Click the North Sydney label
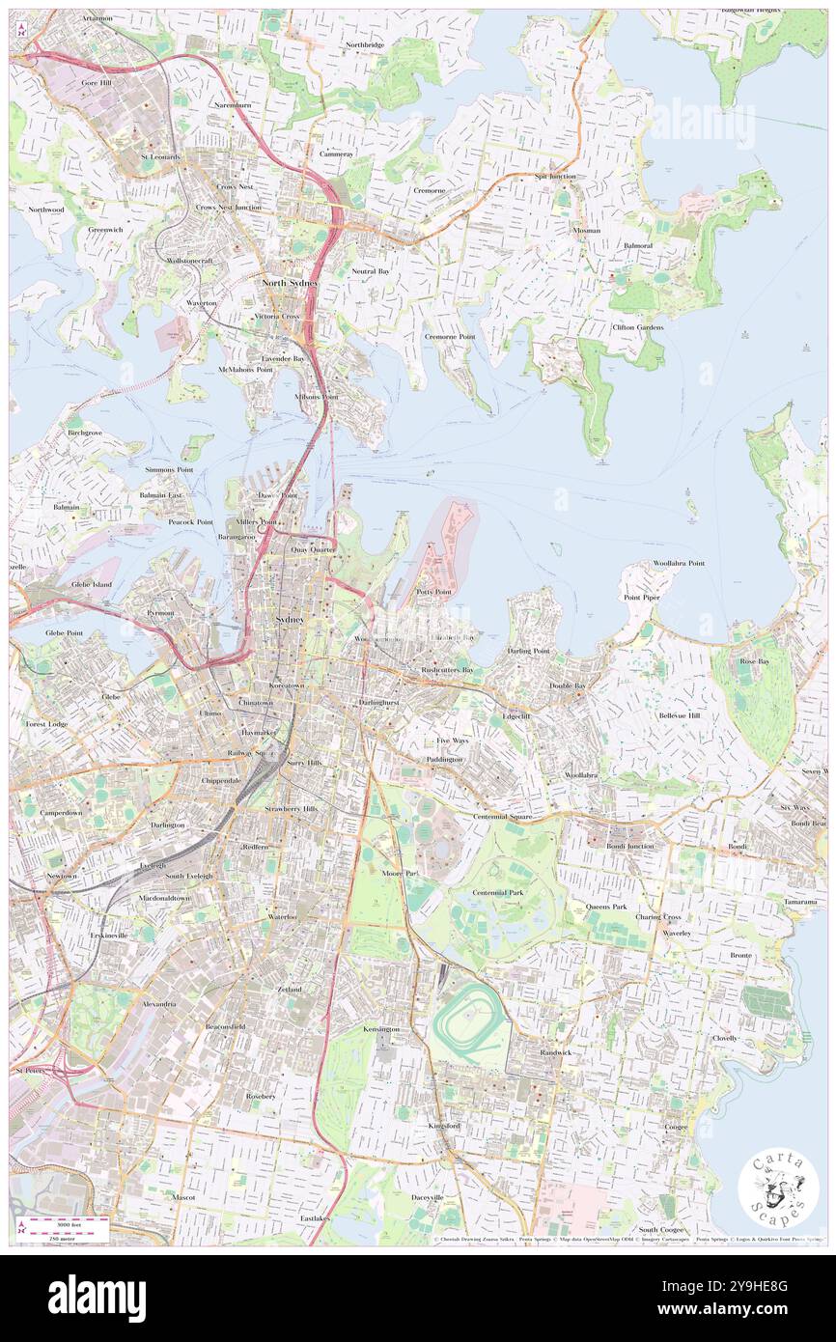pos(291,283)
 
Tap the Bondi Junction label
pos(629,846)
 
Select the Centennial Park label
pos(498,892)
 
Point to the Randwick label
pos(556,1051)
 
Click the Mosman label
pos(586,231)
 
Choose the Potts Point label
pos(433,591)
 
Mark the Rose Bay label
pos(752,661)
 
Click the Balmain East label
pos(160,495)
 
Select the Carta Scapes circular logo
pos(778,1190)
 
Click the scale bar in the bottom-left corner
pos(68,1224)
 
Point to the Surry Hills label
pos(300,762)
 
